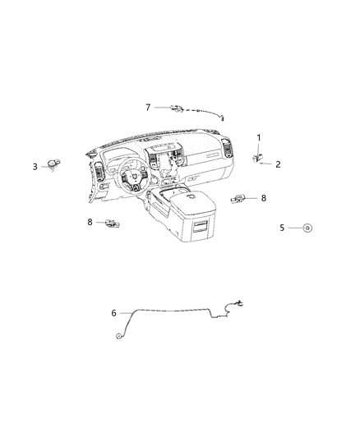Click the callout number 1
click(259, 138)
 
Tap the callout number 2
click(278, 164)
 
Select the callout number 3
click(35, 167)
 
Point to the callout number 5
click(282, 228)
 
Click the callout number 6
click(113, 313)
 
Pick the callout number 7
click(148, 108)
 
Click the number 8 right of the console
click(264, 198)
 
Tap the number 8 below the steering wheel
click(90, 222)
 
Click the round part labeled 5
click(307, 228)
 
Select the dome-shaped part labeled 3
click(54, 164)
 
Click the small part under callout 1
click(256, 159)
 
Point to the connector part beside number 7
click(177, 108)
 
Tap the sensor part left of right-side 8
click(238, 199)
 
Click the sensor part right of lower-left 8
click(113, 224)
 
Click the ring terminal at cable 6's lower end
click(118, 336)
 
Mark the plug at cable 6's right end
click(239, 303)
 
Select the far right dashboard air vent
click(228, 148)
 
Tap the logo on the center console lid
click(190, 196)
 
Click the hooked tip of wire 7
click(222, 118)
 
